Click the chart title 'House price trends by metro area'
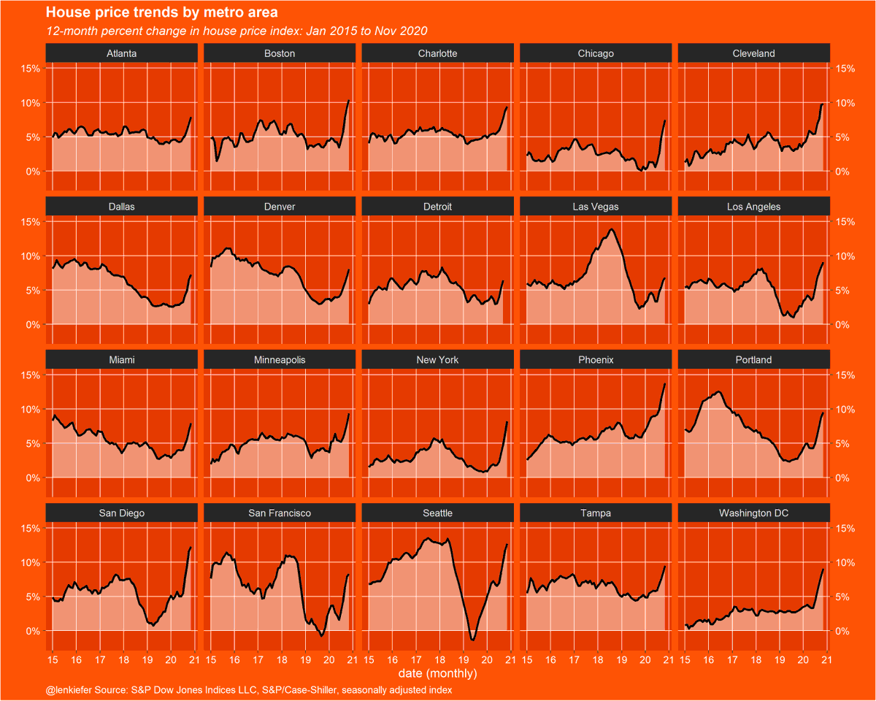pos(161,13)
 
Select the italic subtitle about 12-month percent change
pos(236,31)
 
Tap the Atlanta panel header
pos(121,54)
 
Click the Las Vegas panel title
pos(595,207)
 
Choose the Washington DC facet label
pos(753,514)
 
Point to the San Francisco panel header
pos(280,514)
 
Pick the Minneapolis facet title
pos(280,361)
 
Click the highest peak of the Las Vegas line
pos(610,229)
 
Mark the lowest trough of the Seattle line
pos(472,640)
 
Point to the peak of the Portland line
pos(719,392)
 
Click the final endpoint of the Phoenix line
pos(665,383)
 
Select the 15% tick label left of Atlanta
pos(30,69)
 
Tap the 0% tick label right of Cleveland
pos(843,172)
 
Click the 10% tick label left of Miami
pos(30,410)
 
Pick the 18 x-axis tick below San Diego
pos(123,660)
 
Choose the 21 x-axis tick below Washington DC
pos(826,660)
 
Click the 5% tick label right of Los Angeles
pos(843,291)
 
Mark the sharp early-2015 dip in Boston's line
pos(217,161)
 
